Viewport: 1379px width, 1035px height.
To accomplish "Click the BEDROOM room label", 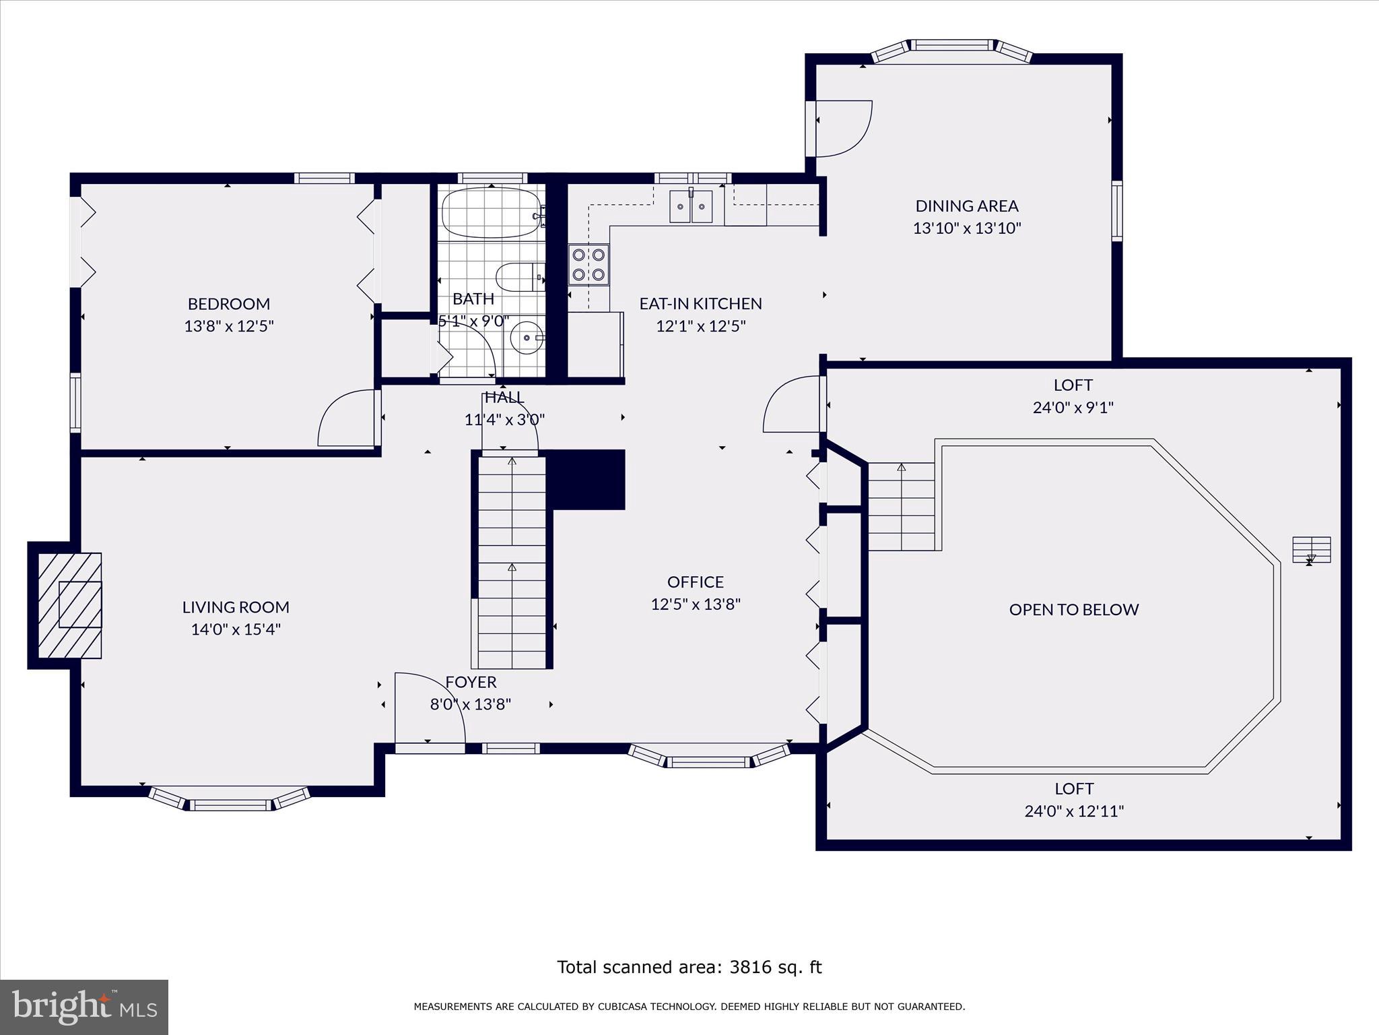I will coord(229,304).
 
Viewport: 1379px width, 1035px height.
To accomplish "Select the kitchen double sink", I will coord(690,206).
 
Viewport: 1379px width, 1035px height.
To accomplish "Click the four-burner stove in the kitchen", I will coord(588,264).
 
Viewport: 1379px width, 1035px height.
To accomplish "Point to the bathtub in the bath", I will coord(491,212).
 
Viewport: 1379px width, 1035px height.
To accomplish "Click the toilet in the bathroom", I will coord(519,276).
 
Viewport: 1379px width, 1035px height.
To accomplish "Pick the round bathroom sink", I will coord(527,338).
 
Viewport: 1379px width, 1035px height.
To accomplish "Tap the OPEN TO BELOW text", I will coord(1073,610).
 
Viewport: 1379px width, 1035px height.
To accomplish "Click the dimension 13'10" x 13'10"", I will coord(966,228).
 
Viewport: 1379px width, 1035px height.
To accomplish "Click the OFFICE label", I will coord(696,582).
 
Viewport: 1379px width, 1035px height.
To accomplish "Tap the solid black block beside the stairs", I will coord(588,479).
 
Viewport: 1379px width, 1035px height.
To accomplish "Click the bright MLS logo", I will coord(83,1007).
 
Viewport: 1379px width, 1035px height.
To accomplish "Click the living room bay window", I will coord(230,800).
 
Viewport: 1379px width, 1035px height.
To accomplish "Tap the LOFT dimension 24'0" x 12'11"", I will coord(1074,811).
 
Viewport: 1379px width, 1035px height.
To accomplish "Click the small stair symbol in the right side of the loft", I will coord(1311,549).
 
